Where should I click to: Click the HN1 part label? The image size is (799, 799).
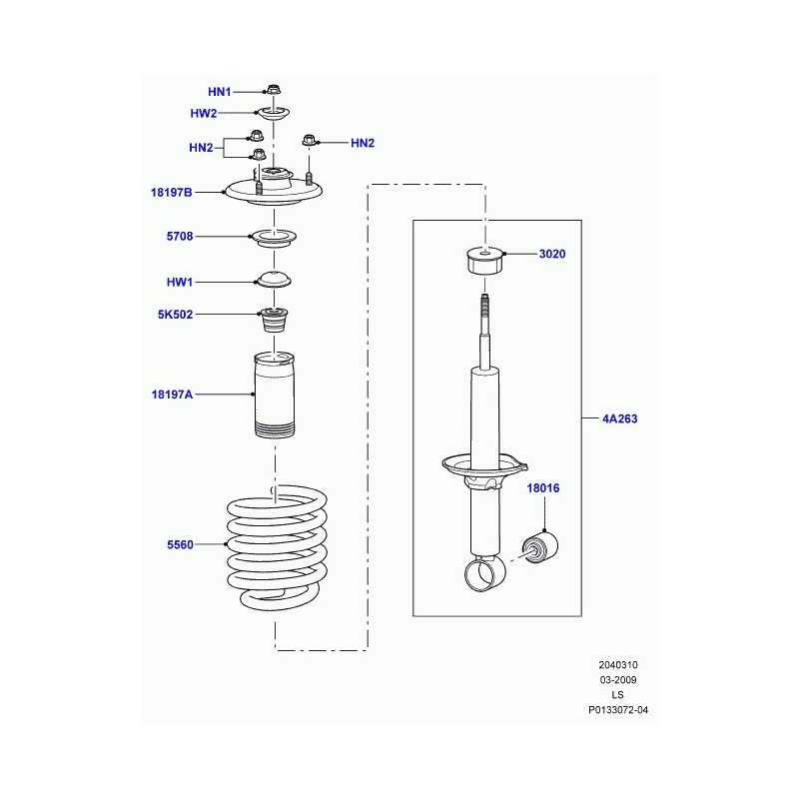[219, 92]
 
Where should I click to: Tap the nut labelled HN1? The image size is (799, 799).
[274, 90]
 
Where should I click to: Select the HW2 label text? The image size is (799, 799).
[204, 113]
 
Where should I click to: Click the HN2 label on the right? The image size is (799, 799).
[363, 143]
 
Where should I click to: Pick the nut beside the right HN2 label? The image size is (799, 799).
[309, 140]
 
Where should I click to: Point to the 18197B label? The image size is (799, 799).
[171, 192]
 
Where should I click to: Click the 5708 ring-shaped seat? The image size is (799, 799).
[274, 239]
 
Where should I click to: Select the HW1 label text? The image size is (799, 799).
[180, 282]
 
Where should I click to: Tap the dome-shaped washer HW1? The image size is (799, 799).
[274, 280]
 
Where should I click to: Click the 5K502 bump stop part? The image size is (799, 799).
[274, 320]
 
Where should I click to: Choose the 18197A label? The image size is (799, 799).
[172, 395]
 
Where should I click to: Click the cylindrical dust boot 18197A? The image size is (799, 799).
[275, 395]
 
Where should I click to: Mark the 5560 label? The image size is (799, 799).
[180, 544]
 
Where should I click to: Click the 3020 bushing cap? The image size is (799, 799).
[485, 261]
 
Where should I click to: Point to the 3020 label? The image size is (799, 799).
[552, 254]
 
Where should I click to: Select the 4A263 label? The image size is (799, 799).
[619, 418]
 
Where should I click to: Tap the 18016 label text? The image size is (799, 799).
[543, 488]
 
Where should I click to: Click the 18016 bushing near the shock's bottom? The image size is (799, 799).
[540, 547]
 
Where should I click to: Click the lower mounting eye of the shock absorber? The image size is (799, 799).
[484, 573]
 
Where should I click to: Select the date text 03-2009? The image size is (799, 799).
[618, 680]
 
